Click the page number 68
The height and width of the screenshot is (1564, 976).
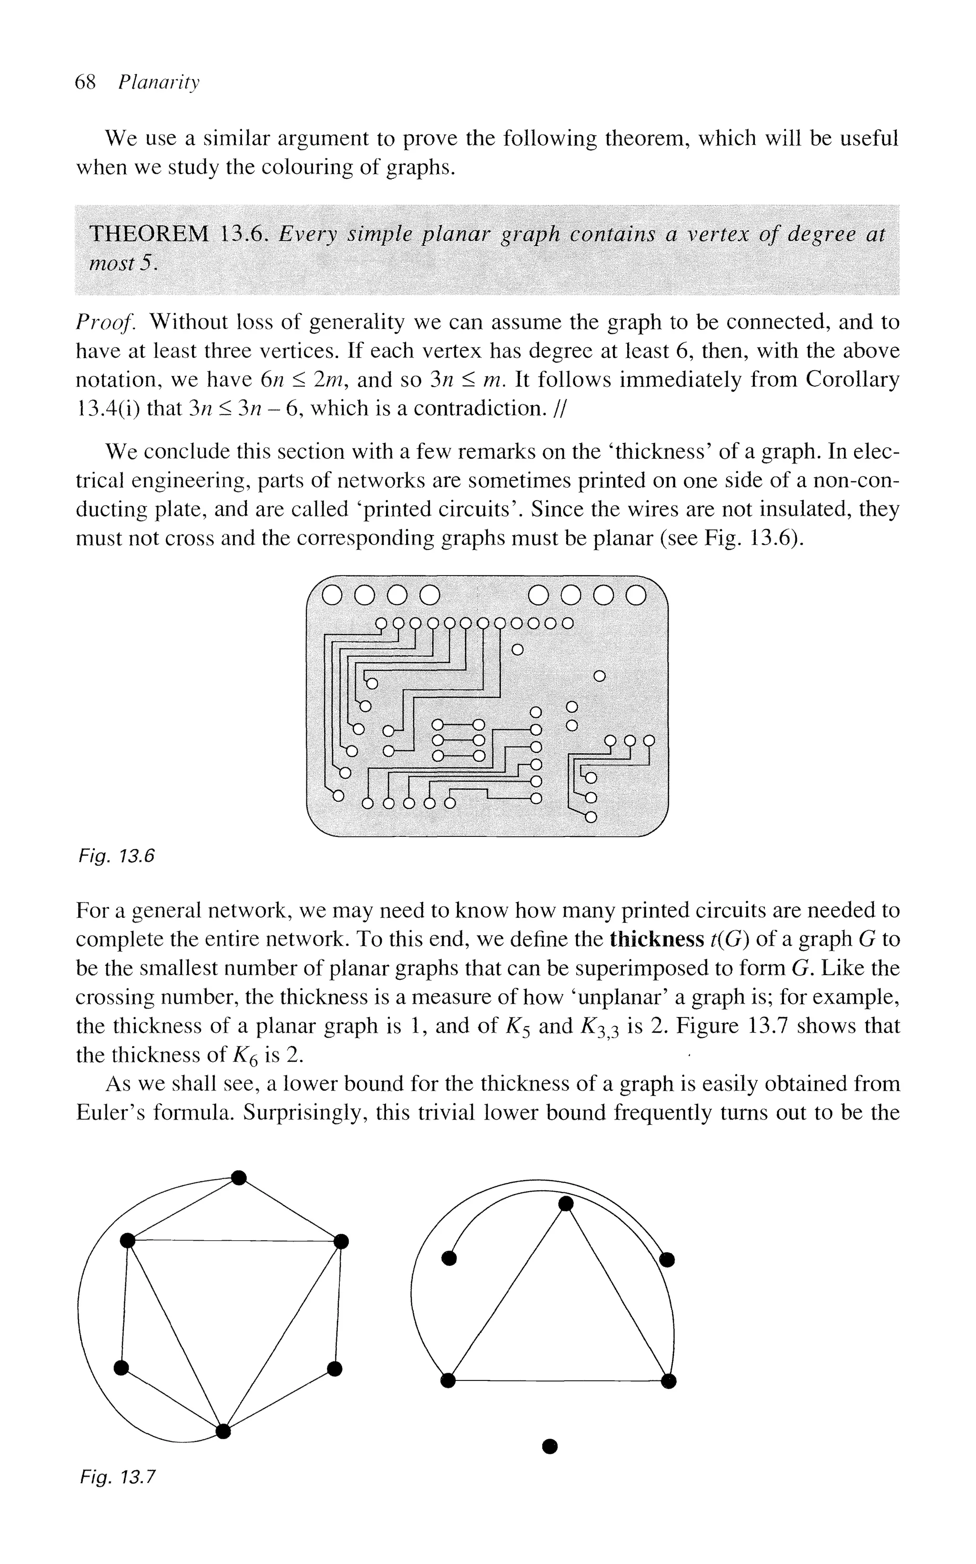[x=85, y=82]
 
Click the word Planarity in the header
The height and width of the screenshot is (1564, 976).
[x=159, y=83]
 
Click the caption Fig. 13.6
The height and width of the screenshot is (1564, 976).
[x=116, y=856]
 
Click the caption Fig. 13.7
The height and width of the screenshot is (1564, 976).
[x=118, y=1477]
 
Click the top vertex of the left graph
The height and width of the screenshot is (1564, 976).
[x=239, y=1178]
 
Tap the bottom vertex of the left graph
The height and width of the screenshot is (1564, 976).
[x=223, y=1431]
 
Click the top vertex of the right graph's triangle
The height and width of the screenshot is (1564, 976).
[x=566, y=1204]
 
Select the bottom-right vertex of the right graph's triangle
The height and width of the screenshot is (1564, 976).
[x=670, y=1381]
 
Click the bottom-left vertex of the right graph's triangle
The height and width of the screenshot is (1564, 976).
[x=447, y=1381]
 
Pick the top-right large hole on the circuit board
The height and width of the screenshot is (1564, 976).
[x=636, y=595]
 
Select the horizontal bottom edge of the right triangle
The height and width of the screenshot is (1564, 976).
[x=559, y=1381]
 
